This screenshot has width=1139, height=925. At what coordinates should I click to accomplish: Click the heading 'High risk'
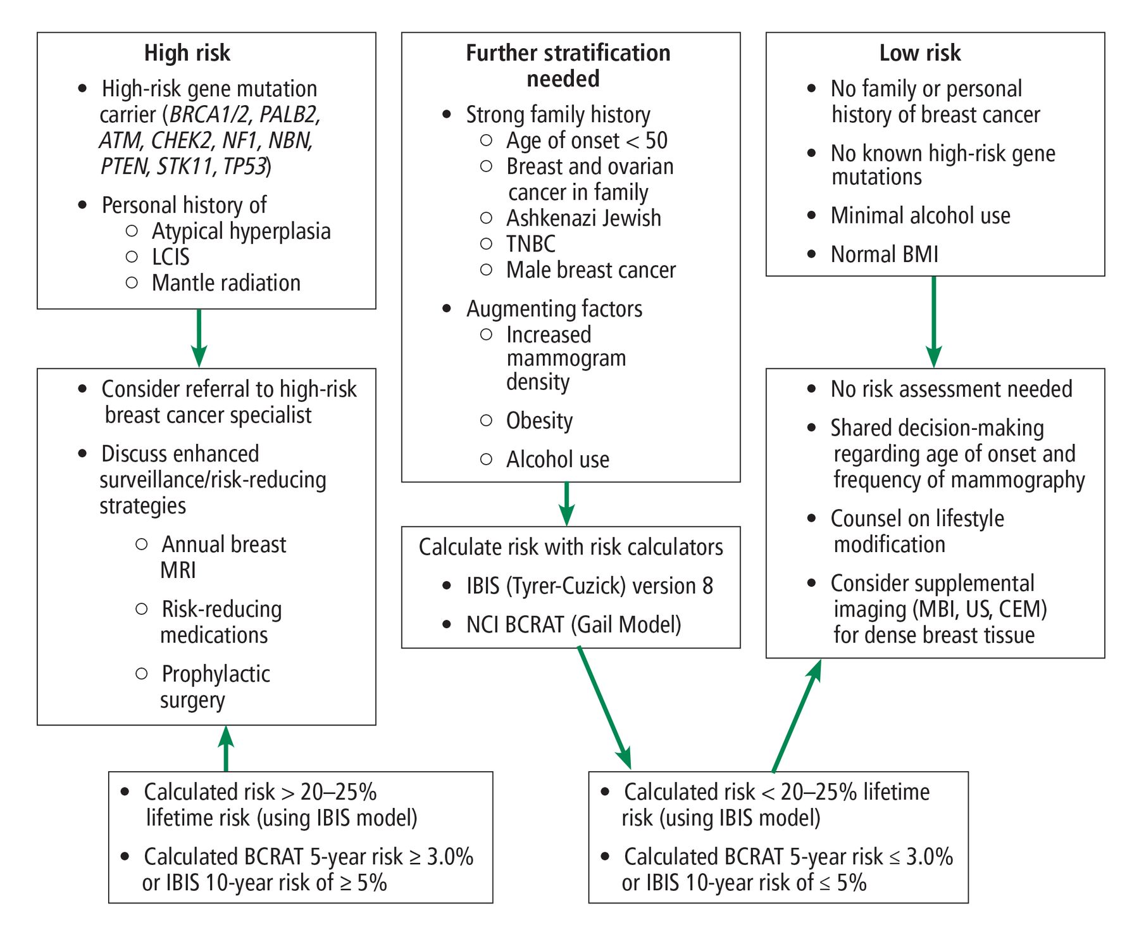click(187, 53)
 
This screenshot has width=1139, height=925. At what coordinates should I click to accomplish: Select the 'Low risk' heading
click(920, 53)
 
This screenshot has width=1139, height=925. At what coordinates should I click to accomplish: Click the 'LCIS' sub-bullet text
click(170, 257)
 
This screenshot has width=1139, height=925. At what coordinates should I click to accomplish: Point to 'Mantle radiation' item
click(226, 283)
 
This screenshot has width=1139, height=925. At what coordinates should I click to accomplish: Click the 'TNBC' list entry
click(531, 244)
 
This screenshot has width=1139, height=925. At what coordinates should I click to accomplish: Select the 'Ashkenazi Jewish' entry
click(583, 218)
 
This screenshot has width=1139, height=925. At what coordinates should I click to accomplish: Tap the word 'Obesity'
click(539, 421)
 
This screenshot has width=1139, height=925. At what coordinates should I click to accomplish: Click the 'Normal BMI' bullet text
click(884, 255)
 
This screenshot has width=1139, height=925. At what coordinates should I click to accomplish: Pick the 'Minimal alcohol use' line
click(920, 216)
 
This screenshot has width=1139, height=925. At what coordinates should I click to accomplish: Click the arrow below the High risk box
click(199, 338)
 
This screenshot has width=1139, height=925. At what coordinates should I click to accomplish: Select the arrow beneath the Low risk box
click(934, 322)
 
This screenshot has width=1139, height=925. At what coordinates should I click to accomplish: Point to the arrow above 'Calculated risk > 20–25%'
click(226, 748)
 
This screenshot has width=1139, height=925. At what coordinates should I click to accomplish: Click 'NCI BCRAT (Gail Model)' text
click(573, 625)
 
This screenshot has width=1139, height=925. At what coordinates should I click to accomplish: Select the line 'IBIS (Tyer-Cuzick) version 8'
click(590, 586)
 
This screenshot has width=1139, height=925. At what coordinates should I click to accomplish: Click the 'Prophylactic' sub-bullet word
click(216, 674)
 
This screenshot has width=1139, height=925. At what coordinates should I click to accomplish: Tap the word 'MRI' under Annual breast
click(178, 570)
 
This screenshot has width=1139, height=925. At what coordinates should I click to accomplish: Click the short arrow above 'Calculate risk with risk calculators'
click(567, 504)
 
